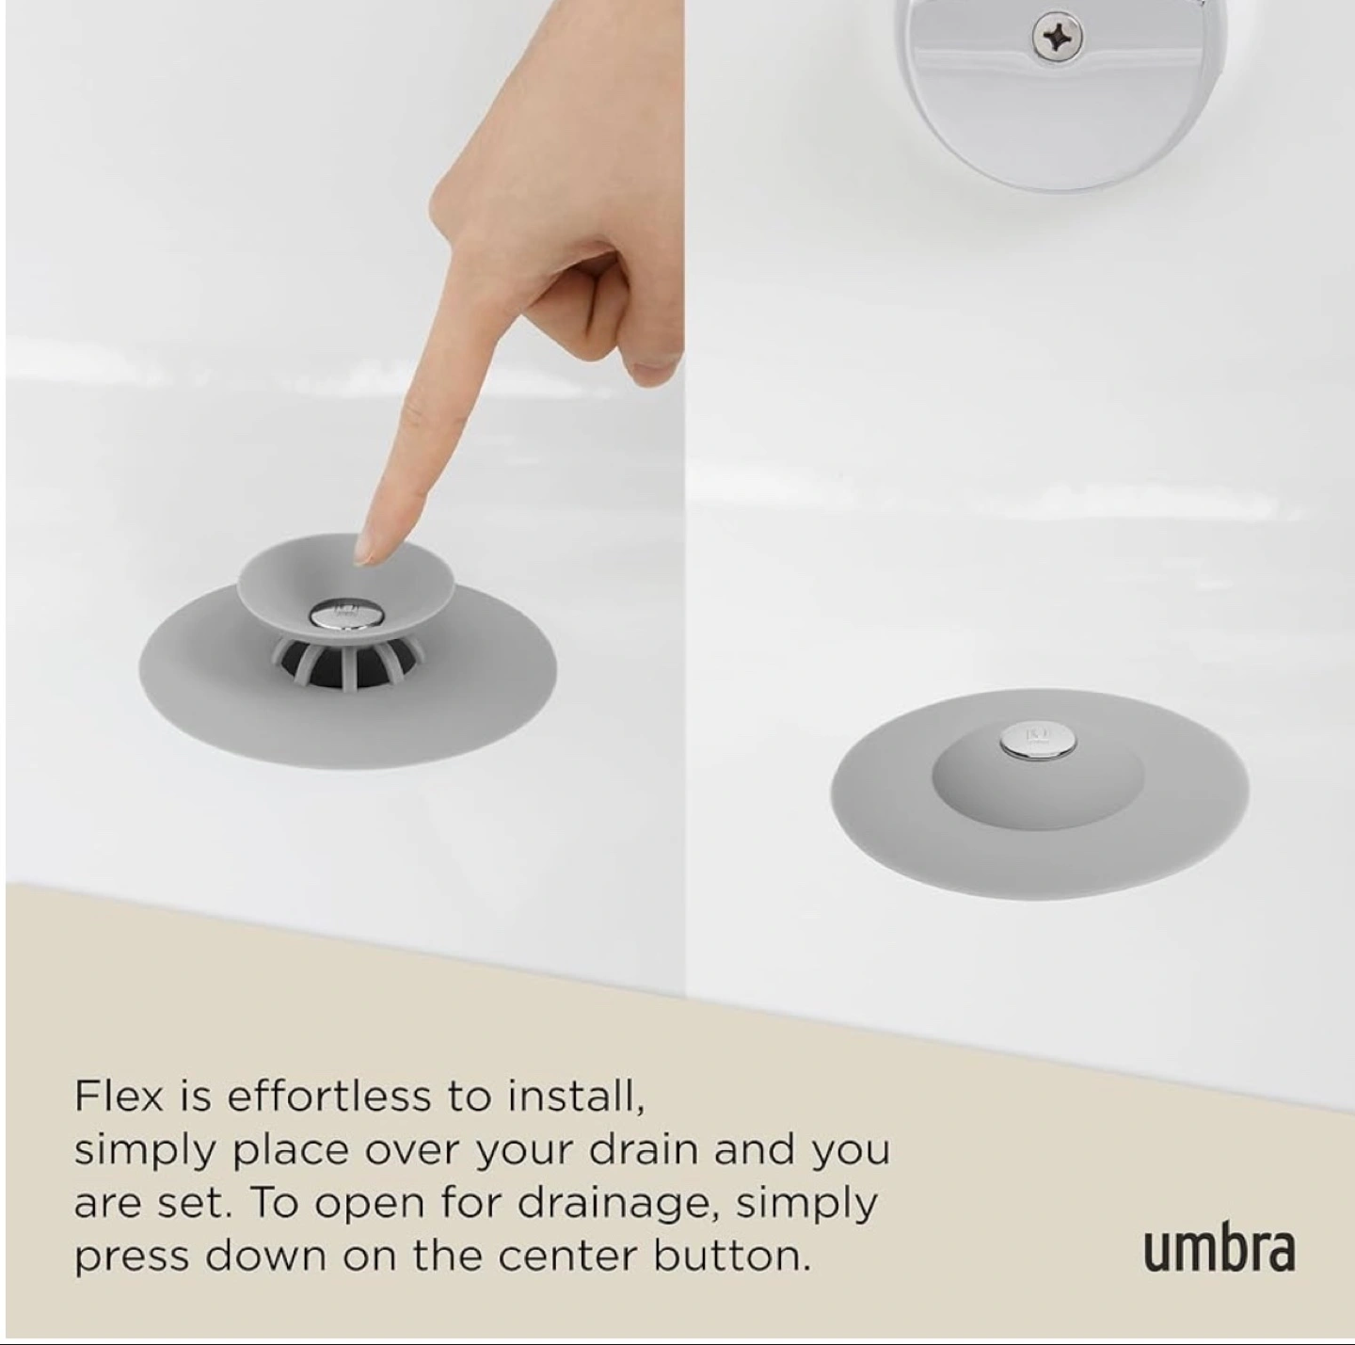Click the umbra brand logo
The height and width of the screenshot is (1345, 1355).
tap(1219, 1252)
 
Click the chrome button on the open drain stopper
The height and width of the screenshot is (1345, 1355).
tap(341, 615)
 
